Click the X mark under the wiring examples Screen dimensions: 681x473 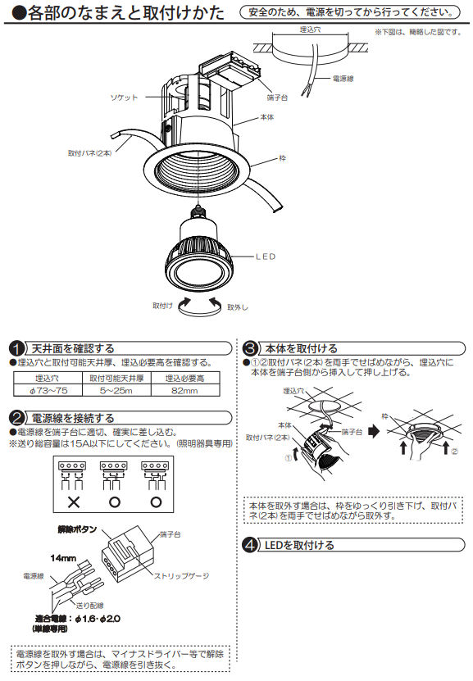(x=73, y=501)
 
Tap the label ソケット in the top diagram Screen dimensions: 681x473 (x=125, y=98)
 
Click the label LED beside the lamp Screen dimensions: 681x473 (x=266, y=257)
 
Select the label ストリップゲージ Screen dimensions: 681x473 (x=179, y=577)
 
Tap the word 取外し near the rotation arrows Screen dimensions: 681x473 (x=239, y=306)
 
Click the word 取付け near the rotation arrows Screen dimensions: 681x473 (x=162, y=305)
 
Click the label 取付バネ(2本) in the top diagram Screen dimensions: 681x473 (x=89, y=152)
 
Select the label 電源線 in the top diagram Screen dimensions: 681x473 (x=343, y=79)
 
